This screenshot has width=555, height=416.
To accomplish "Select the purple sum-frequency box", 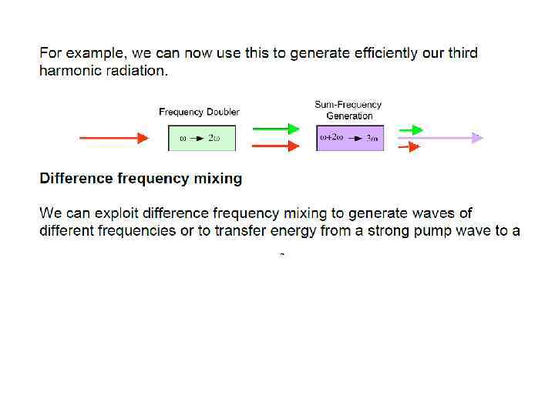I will (x=350, y=138).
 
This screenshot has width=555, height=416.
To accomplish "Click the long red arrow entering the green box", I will (x=114, y=138).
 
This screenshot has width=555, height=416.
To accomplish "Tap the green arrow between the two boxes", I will (x=275, y=129).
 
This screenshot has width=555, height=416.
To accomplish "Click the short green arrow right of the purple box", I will (x=410, y=129).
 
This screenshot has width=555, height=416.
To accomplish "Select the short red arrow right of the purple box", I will (x=409, y=146).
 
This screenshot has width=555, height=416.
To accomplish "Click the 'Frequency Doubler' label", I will (x=199, y=112).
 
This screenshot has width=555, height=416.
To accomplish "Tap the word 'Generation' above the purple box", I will (x=349, y=116).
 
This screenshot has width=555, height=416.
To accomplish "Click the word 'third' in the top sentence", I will (x=461, y=53).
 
